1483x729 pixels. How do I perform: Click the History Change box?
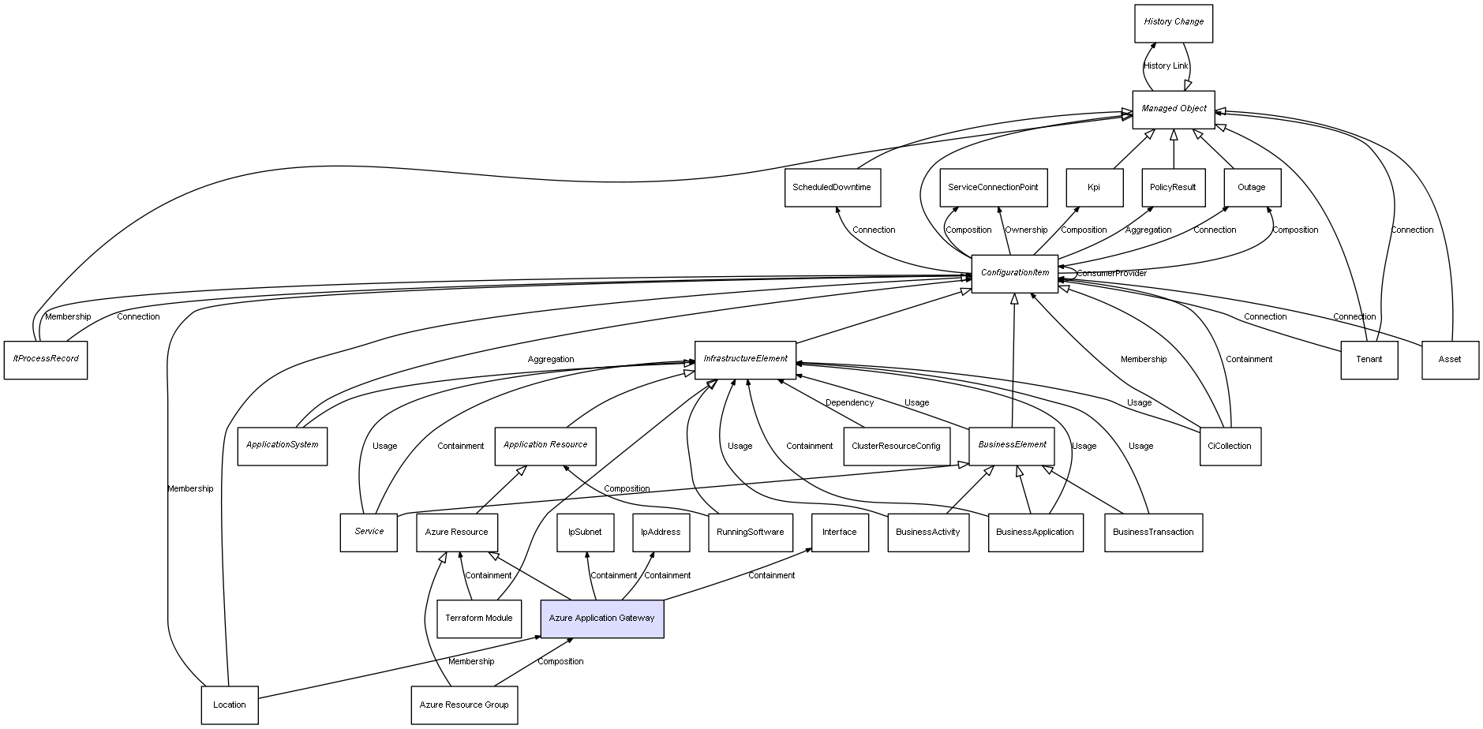[x=1173, y=23]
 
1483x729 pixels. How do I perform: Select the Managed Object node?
[x=1173, y=109]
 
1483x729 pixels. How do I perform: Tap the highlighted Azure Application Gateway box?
[x=601, y=619]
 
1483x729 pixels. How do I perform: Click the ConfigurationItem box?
[x=1014, y=273]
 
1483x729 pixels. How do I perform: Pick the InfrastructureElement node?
[x=745, y=359]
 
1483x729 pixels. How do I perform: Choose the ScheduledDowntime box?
[x=832, y=188]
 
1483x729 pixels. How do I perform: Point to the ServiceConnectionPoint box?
[x=993, y=188]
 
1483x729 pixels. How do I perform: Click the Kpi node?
[x=1094, y=188]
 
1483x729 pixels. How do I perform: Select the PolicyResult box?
[x=1173, y=188]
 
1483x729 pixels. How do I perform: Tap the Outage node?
[x=1251, y=188]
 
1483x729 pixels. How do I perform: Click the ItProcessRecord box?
[x=46, y=359]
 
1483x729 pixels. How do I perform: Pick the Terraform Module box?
[x=478, y=619]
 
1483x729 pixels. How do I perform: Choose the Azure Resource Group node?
[x=464, y=705]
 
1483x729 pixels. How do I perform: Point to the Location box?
[x=229, y=705]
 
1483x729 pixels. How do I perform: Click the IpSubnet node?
[x=585, y=533]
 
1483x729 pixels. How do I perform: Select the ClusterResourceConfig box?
[x=896, y=447]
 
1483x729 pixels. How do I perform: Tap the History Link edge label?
[x=1166, y=66]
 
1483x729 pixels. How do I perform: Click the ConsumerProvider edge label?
[x=1111, y=274]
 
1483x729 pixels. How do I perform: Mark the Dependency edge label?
[x=849, y=403]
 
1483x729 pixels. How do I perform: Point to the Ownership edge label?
[x=1026, y=230]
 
